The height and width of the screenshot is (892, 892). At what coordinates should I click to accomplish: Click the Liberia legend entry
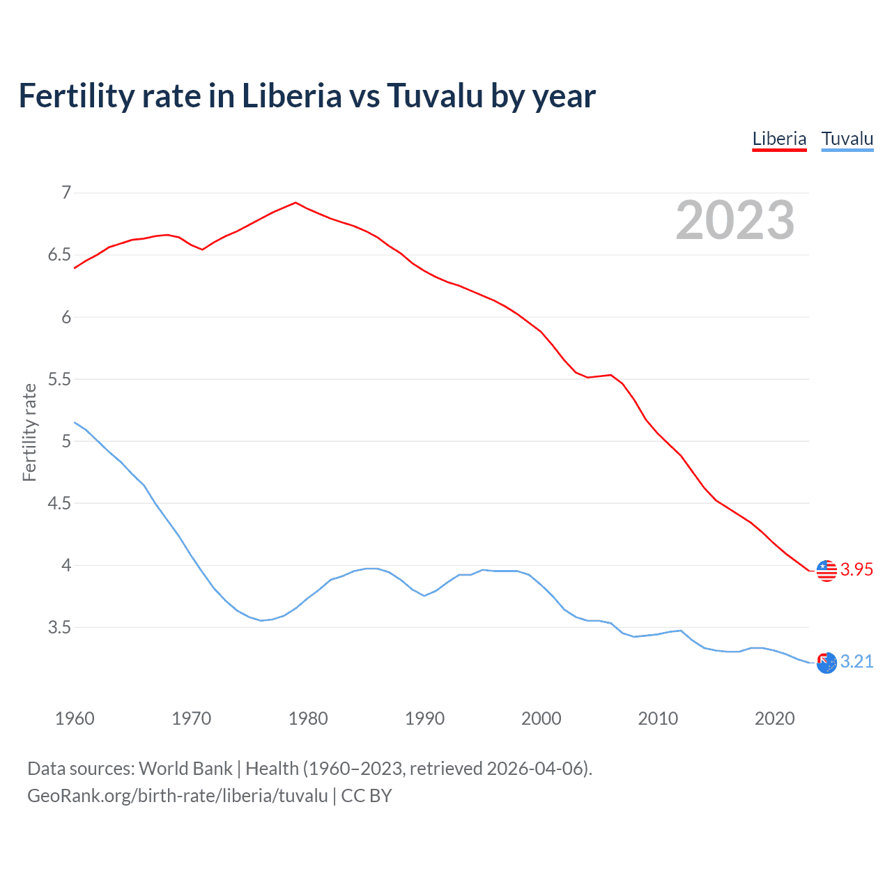779,139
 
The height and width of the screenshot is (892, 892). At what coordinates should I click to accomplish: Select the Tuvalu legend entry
847,139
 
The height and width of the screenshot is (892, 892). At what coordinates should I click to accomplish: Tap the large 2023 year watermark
735,220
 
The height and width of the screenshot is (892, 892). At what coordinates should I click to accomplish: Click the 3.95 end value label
856,569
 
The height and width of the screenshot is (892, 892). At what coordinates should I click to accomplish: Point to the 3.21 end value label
856,661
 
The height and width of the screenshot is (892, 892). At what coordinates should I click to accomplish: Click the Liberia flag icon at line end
826,570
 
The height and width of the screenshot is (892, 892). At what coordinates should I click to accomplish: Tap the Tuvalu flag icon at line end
826,663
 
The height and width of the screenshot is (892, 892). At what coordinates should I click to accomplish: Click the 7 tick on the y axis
66,192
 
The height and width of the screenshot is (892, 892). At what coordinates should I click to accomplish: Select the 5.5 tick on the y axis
59,379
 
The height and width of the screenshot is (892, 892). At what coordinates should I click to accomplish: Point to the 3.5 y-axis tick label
59,627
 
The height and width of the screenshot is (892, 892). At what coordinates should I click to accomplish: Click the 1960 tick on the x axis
75,718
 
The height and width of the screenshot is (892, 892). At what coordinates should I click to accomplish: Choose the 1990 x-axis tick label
424,718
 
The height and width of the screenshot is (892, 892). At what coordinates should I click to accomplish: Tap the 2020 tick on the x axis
774,718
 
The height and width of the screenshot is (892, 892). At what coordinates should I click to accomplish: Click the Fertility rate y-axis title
29,432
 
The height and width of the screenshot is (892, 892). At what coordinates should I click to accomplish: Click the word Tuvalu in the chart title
435,95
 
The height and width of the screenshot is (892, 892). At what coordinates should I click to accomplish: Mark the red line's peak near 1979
296,203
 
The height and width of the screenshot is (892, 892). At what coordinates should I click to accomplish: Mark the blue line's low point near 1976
261,620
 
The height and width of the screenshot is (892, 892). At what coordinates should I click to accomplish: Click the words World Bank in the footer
185,769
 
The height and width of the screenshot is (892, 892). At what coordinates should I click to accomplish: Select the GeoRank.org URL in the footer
177,796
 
